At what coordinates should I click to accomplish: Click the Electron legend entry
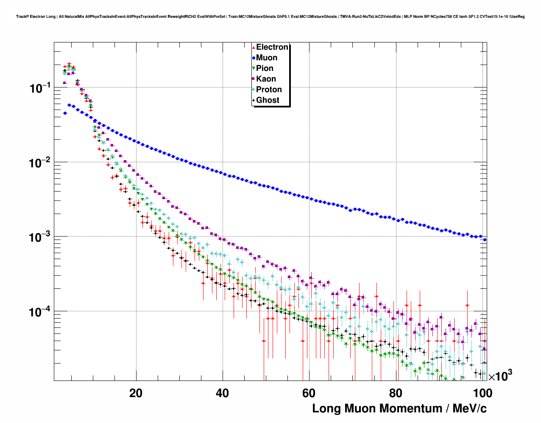point(272,47)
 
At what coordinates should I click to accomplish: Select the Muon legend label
point(267,58)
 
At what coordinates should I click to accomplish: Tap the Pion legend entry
point(265,68)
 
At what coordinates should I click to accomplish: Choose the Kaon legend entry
point(266,79)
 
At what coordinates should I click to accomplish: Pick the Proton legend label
point(269,90)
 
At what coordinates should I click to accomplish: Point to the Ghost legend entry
point(268,100)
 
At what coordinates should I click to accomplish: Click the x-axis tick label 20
point(136,393)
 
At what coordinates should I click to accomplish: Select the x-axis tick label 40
point(222,393)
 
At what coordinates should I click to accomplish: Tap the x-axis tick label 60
point(309,393)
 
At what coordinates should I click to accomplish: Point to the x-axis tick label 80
point(395,393)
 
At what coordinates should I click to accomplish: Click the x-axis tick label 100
point(482,393)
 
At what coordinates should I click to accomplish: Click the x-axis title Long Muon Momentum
point(399,409)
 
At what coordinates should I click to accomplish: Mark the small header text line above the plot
point(270,17)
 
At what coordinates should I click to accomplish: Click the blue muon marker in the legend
point(254,58)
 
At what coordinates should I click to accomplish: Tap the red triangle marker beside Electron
point(254,47)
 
